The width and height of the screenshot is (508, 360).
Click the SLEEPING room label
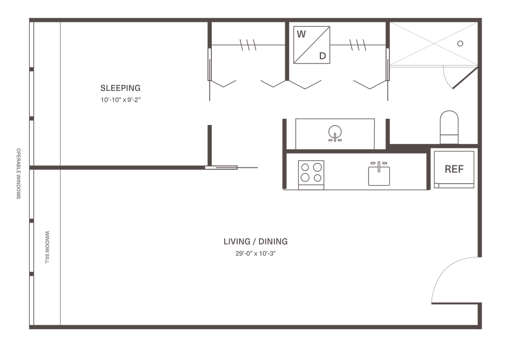tap(121, 88)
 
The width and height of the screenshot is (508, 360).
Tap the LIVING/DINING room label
tap(255, 242)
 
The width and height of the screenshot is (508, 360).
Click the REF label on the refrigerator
tap(454, 169)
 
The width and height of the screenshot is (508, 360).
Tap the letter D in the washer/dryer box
tap(322, 55)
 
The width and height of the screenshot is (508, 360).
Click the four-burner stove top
tap(311, 172)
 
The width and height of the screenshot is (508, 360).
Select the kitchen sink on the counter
tap(379, 173)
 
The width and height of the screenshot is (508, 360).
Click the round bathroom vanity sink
tap(335, 133)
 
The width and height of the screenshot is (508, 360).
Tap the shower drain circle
tap(461, 43)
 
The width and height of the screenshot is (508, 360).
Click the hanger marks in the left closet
tap(248, 46)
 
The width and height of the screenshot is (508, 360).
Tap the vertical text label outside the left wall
tap(19, 173)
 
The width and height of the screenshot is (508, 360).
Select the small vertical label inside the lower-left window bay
tap(48, 247)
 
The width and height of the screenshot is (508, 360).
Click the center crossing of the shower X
tap(431, 44)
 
